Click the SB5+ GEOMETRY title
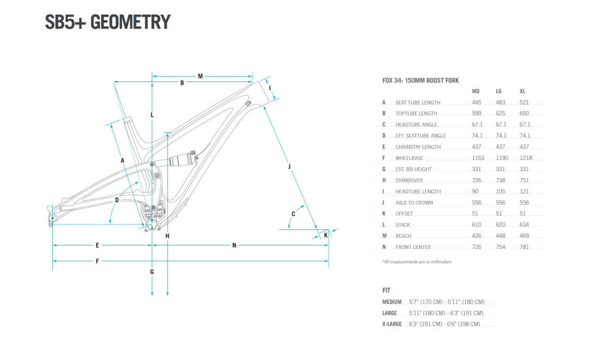coord(107,22)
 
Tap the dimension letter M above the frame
coord(200,76)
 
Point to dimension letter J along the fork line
coord(289,166)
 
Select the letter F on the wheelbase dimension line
coord(97,261)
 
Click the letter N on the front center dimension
coord(234,245)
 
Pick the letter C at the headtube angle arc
coord(293,214)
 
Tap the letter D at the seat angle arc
coord(117,200)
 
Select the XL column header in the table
coord(522,91)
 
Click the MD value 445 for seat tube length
coord(476,102)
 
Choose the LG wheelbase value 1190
coord(502,158)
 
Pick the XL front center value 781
coord(524,247)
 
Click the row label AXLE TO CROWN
coord(414,203)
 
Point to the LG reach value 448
coord(501,236)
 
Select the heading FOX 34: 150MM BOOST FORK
coord(421,81)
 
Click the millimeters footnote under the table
coord(417,262)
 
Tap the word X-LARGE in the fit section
coord(392,324)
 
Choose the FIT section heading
coord(387,290)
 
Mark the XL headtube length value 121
coord(524,191)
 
